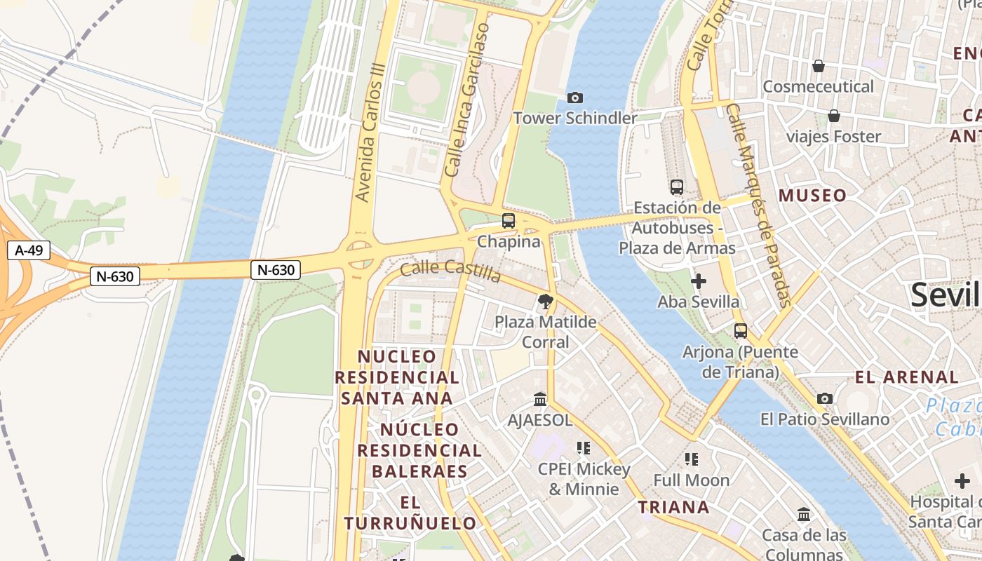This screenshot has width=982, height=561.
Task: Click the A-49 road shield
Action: click(29, 250)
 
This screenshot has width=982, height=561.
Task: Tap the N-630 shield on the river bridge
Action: click(276, 269)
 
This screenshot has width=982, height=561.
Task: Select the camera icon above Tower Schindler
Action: click(575, 98)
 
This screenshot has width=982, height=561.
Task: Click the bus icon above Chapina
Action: click(509, 221)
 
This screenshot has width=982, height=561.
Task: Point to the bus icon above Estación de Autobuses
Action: click(677, 187)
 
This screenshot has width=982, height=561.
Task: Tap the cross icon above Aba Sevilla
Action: click(699, 282)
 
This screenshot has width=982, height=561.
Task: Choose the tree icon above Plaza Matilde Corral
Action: click(545, 302)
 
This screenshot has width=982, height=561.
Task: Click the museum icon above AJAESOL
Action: click(540, 400)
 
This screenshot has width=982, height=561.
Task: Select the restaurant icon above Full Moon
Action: click(692, 459)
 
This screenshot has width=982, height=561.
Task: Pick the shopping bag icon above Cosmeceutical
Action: click(818, 66)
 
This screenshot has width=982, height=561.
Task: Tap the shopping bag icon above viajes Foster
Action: click(834, 116)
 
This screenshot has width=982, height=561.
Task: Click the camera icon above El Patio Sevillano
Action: click(825, 399)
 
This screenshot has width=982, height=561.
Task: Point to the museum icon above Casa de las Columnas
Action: click(804, 515)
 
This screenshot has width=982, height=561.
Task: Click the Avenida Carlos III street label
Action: click(372, 140)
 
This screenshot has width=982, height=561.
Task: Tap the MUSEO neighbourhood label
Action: click(813, 196)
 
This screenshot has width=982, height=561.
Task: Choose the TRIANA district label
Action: click(674, 507)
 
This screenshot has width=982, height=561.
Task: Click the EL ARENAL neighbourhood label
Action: click(907, 377)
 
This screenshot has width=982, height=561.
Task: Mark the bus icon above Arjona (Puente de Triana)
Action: click(741, 331)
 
